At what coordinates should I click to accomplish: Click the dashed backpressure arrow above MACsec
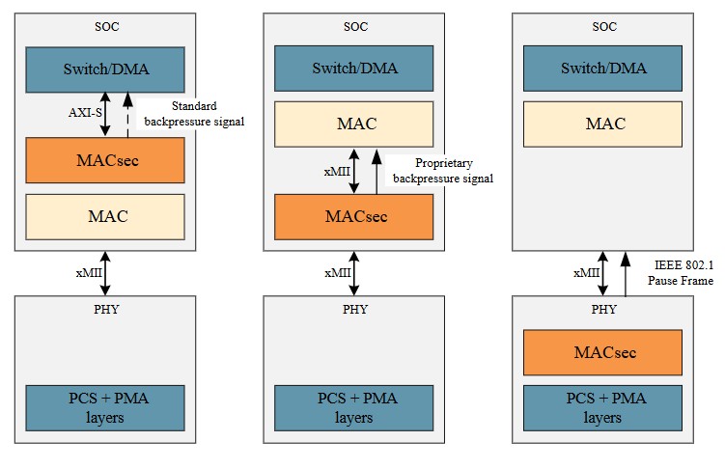click(x=128, y=115)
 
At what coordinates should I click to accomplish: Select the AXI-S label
click(x=85, y=113)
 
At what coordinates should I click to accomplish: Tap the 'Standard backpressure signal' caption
click(x=194, y=114)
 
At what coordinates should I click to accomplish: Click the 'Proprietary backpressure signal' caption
click(x=443, y=171)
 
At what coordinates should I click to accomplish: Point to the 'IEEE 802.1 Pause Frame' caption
click(x=681, y=273)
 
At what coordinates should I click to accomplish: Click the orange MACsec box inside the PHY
click(x=602, y=352)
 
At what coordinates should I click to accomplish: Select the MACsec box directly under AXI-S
click(x=105, y=160)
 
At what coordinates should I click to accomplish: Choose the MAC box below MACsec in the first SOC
click(x=105, y=217)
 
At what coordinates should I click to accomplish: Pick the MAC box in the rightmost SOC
click(x=602, y=124)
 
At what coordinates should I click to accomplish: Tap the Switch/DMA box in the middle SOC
click(x=353, y=69)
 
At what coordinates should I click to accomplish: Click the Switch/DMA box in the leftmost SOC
click(x=105, y=69)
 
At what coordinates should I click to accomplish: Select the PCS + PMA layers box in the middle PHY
click(x=353, y=408)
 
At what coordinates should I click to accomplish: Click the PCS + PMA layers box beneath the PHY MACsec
click(x=602, y=408)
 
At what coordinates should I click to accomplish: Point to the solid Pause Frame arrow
click(x=626, y=274)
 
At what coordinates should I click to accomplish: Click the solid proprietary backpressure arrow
click(x=376, y=172)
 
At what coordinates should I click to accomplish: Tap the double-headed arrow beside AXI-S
click(x=105, y=114)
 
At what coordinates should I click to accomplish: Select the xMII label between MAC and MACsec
click(x=337, y=172)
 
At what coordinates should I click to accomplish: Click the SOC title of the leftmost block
click(x=107, y=27)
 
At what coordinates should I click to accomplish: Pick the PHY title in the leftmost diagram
click(x=106, y=309)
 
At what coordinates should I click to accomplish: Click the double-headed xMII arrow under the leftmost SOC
click(x=105, y=273)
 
